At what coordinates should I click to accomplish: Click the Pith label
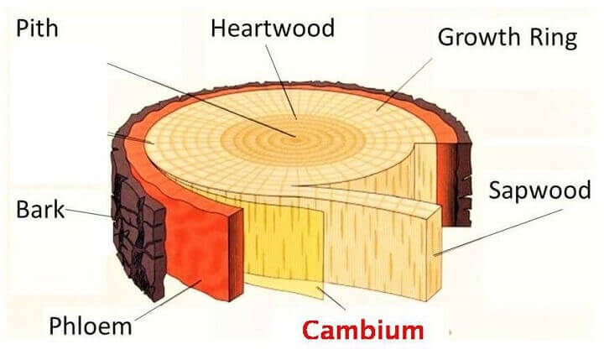tap(37, 29)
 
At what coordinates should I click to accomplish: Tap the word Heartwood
tap(273, 29)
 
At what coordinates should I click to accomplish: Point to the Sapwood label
tap(539, 190)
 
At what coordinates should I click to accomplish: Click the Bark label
tap(40, 210)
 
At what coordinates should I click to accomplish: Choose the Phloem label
tap(91, 326)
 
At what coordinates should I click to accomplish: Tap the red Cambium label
tap(363, 331)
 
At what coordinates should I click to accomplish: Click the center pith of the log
tap(295, 137)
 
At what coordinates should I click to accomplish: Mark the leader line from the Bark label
tap(88, 213)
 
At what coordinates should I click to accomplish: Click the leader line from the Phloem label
tap(168, 300)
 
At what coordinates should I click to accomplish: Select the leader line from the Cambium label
tap(331, 299)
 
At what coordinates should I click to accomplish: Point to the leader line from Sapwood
tap(497, 232)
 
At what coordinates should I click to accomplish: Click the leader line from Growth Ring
tap(404, 85)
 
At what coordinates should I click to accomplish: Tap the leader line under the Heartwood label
tap(281, 82)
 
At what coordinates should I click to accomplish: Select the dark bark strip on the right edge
tap(463, 185)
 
